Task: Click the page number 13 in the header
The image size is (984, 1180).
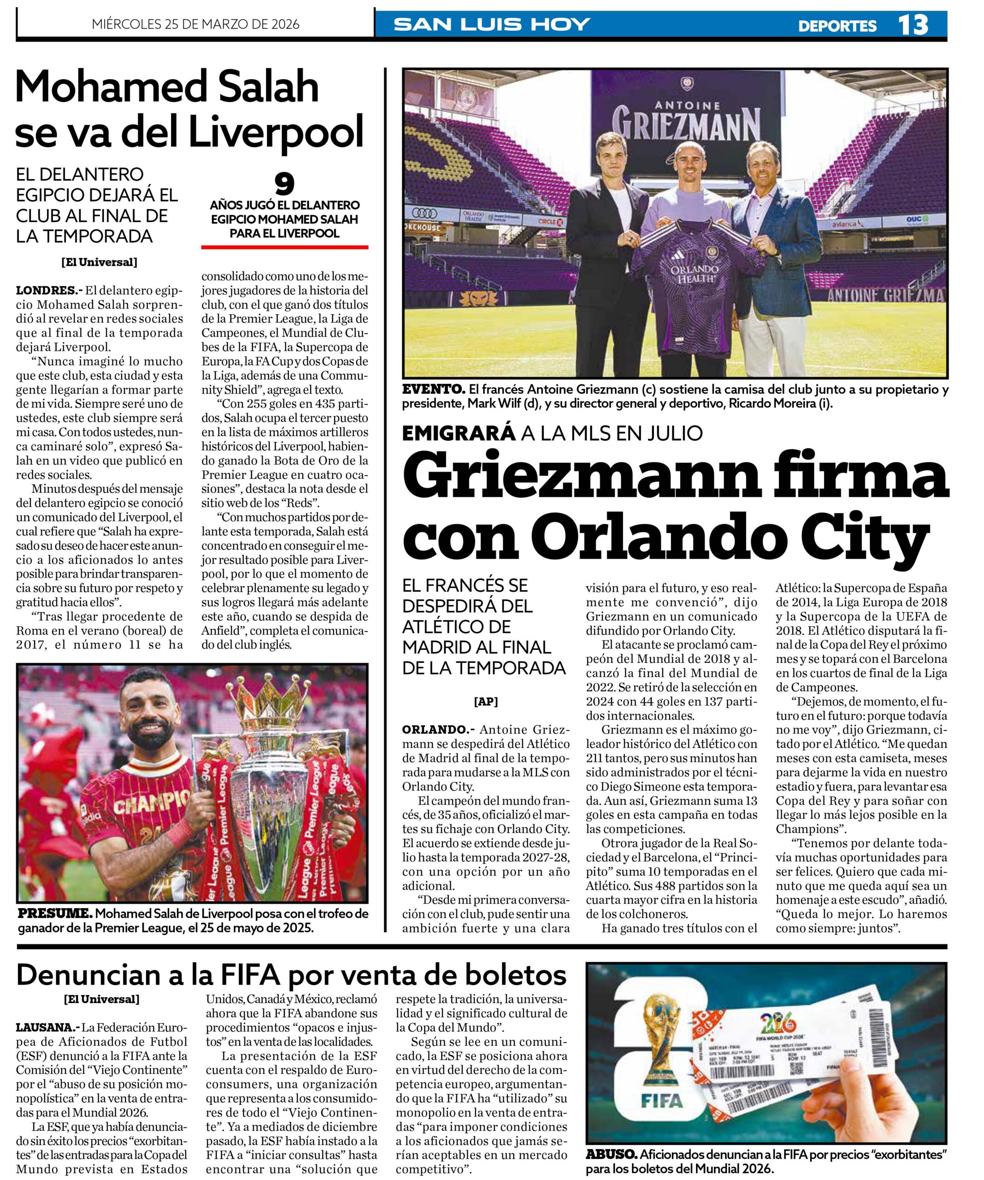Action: (x=912, y=25)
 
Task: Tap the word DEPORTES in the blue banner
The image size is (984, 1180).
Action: (x=837, y=26)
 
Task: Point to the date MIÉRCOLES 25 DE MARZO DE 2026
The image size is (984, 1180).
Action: (x=195, y=24)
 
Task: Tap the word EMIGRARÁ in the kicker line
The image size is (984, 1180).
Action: (x=459, y=433)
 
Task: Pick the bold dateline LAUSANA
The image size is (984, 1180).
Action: (x=48, y=1027)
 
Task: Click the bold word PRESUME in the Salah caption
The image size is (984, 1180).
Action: (x=54, y=914)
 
